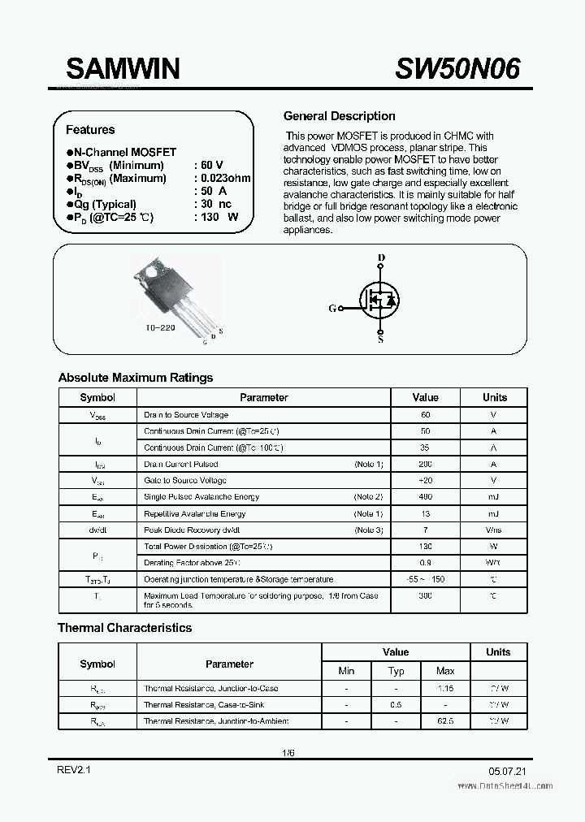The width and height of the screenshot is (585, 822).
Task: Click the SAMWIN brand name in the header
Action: click(x=123, y=70)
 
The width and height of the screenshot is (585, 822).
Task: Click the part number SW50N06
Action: click(x=457, y=70)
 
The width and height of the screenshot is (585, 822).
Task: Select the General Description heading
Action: click(x=339, y=116)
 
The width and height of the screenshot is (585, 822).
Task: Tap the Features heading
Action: click(x=90, y=130)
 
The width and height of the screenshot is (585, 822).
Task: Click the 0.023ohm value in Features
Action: click(x=222, y=179)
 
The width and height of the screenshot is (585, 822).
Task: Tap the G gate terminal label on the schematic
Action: click(x=331, y=309)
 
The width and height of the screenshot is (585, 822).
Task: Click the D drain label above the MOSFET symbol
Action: click(x=381, y=258)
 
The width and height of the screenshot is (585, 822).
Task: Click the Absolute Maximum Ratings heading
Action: click(x=136, y=378)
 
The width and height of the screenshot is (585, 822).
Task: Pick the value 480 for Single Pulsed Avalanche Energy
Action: click(x=425, y=497)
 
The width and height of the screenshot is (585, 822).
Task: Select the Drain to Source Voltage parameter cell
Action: click(x=186, y=415)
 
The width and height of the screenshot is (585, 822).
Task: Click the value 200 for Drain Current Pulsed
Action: click(x=425, y=465)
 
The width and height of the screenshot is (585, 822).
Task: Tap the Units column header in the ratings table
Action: click(x=494, y=398)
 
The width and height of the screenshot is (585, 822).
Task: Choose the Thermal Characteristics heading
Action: click(x=124, y=628)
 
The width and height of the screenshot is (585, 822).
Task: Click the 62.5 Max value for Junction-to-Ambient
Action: click(x=445, y=721)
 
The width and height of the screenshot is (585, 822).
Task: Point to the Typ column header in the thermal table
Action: click(x=396, y=672)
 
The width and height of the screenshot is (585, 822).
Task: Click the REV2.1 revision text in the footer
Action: click(x=72, y=768)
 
